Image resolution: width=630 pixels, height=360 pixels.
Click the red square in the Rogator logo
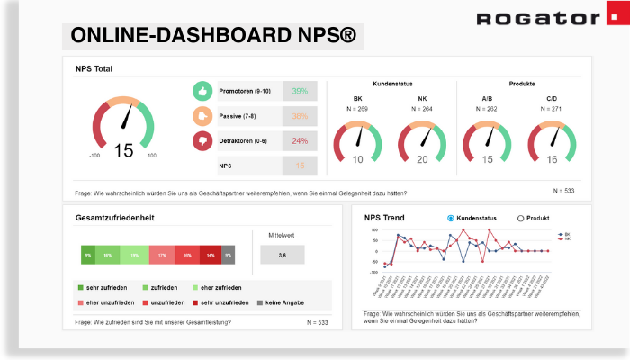click(x=612, y=19)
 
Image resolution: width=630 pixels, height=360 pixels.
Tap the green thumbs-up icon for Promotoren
click(x=202, y=91)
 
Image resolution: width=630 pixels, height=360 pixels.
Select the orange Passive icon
click(x=202, y=116)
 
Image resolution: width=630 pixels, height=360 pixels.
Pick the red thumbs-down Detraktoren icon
click(x=202, y=141)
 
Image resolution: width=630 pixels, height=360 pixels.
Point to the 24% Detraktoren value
click(x=300, y=141)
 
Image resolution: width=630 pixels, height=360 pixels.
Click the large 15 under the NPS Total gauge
click(x=123, y=150)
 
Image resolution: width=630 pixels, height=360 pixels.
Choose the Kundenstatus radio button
click(x=451, y=219)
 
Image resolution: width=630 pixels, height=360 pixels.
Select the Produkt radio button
click(x=520, y=219)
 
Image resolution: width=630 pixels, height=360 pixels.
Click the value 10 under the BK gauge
click(x=357, y=159)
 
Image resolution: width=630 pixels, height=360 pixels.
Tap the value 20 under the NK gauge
click(x=422, y=159)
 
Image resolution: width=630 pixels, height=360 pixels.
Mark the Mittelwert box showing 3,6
click(x=283, y=255)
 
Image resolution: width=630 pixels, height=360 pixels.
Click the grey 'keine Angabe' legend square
click(x=260, y=302)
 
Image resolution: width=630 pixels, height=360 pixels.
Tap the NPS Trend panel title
click(x=384, y=218)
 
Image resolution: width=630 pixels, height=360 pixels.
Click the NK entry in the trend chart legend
click(x=563, y=239)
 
